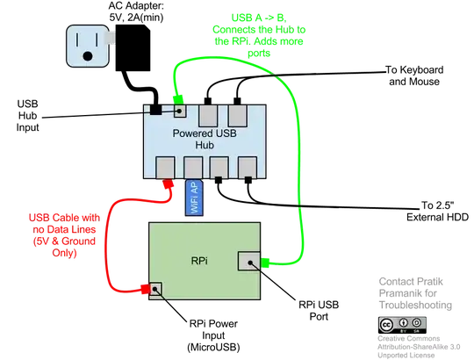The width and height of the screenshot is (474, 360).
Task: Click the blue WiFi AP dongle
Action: tap(195, 200)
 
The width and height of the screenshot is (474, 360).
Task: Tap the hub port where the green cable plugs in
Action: tap(180, 112)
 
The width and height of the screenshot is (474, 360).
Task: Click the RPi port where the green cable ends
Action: tap(250, 261)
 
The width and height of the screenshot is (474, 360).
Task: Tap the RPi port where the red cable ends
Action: tap(158, 289)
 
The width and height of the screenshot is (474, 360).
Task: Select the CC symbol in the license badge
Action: tap(387, 324)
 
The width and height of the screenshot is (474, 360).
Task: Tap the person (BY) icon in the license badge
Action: tap(403, 323)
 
